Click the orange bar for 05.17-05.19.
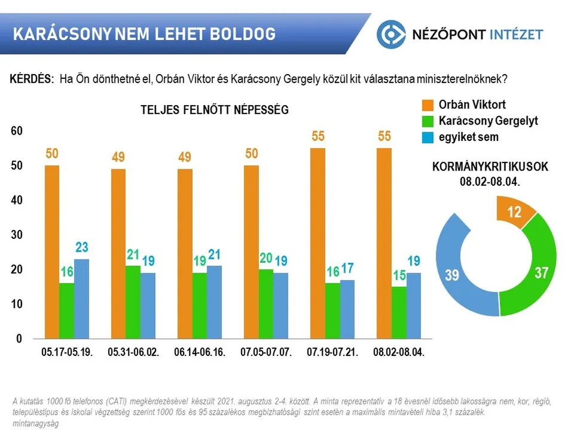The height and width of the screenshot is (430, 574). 52,251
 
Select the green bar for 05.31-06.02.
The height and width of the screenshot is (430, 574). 133,302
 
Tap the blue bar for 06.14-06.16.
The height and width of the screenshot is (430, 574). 213,302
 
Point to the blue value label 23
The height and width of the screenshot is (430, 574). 82,247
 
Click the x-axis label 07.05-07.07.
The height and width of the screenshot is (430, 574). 266,352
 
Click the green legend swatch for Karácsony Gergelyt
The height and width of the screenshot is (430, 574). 428,121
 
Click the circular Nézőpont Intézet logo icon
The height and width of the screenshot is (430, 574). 391,34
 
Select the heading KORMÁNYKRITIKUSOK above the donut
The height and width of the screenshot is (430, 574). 490,167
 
